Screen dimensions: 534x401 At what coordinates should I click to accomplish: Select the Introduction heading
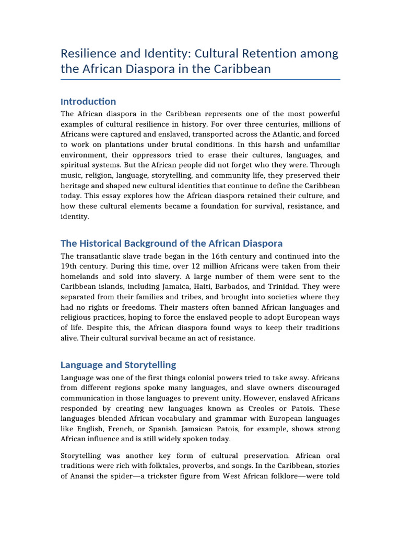pos(88,101)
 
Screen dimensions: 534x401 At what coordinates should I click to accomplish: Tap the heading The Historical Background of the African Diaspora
pos(171,243)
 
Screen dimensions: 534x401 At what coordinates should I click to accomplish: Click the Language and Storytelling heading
pos(118,365)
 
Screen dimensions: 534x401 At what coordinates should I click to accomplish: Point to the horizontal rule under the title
pos(200,79)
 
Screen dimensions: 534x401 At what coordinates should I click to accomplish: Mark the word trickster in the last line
pos(167,477)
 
